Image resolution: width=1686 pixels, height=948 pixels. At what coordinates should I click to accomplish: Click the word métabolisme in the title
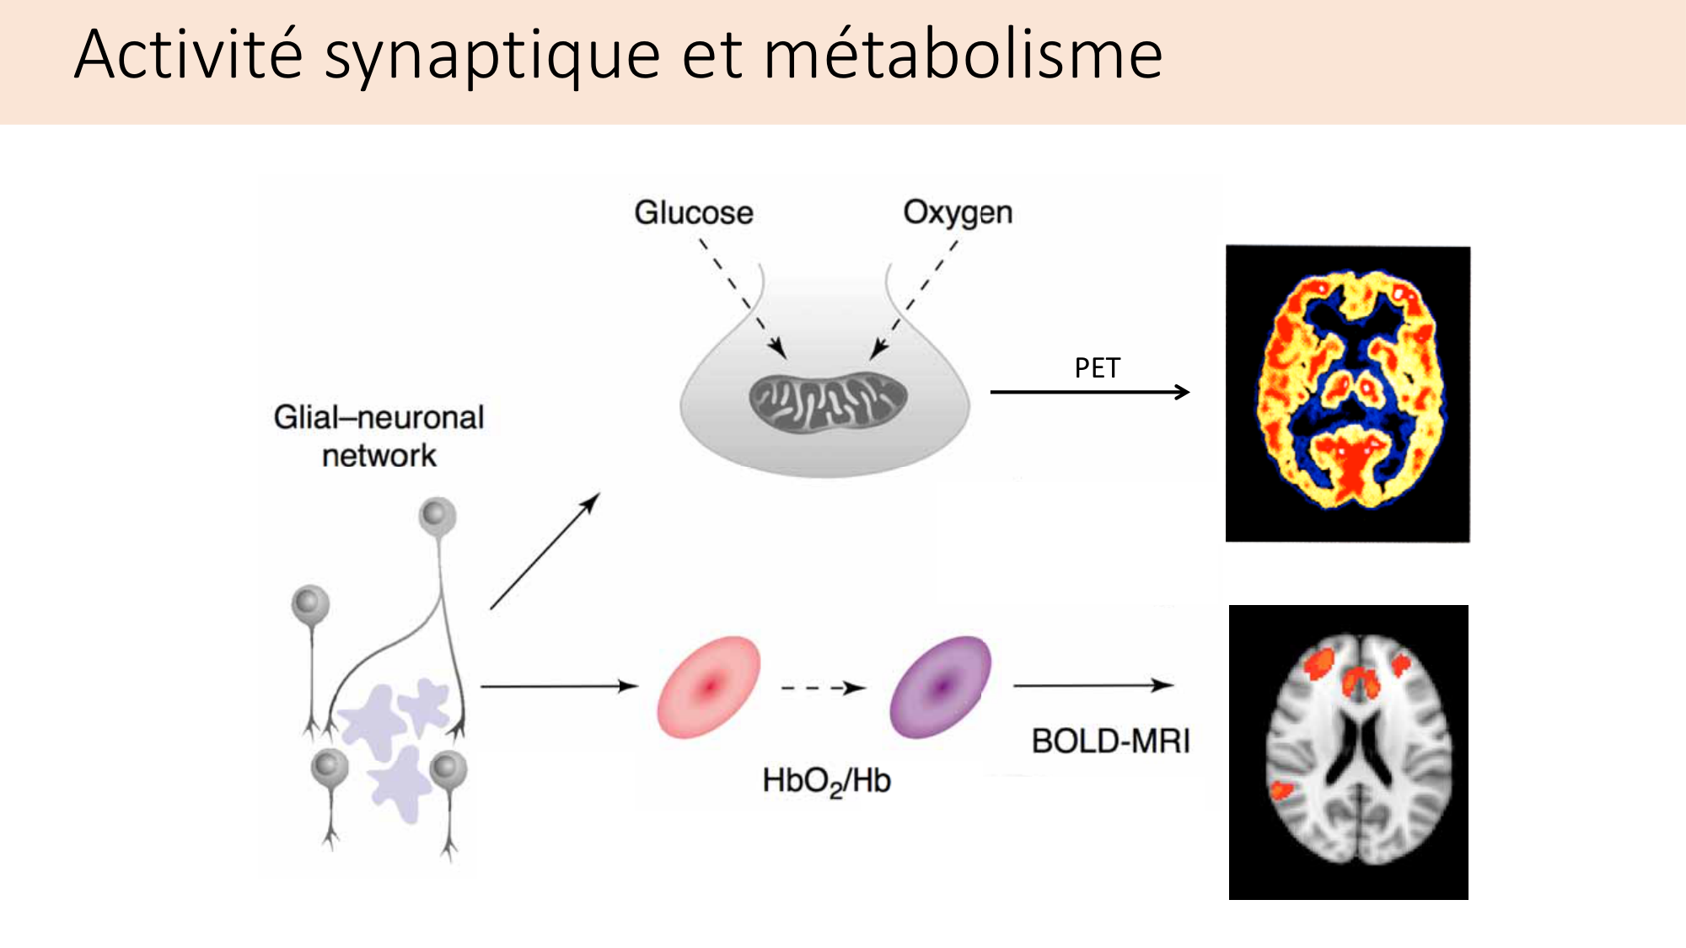click(x=963, y=56)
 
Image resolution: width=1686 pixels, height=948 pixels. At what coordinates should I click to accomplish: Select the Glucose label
click(x=694, y=212)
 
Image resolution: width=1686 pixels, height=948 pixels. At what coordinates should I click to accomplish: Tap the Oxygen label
click(x=958, y=212)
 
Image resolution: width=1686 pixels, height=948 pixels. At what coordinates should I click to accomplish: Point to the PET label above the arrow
click(x=1097, y=368)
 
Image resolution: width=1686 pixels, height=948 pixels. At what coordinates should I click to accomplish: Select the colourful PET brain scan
click(x=1348, y=394)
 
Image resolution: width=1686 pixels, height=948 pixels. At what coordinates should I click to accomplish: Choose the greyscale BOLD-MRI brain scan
click(x=1349, y=752)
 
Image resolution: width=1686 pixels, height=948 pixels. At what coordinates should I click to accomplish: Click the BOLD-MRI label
click(x=1110, y=742)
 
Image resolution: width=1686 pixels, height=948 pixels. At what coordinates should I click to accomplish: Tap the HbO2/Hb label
click(x=826, y=781)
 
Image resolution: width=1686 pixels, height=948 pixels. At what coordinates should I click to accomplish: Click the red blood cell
click(x=709, y=687)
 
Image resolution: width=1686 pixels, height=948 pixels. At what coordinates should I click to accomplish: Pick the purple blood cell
click(x=940, y=687)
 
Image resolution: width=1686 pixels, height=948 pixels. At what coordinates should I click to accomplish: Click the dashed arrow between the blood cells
click(x=822, y=688)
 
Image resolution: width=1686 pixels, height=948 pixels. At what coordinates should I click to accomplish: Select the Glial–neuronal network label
click(x=379, y=436)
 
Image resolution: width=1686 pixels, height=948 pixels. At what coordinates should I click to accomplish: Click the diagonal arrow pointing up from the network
click(x=545, y=551)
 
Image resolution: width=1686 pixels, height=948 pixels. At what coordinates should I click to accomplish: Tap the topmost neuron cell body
click(x=438, y=515)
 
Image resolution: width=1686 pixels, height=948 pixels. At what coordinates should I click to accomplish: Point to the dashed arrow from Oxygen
click(x=915, y=295)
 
